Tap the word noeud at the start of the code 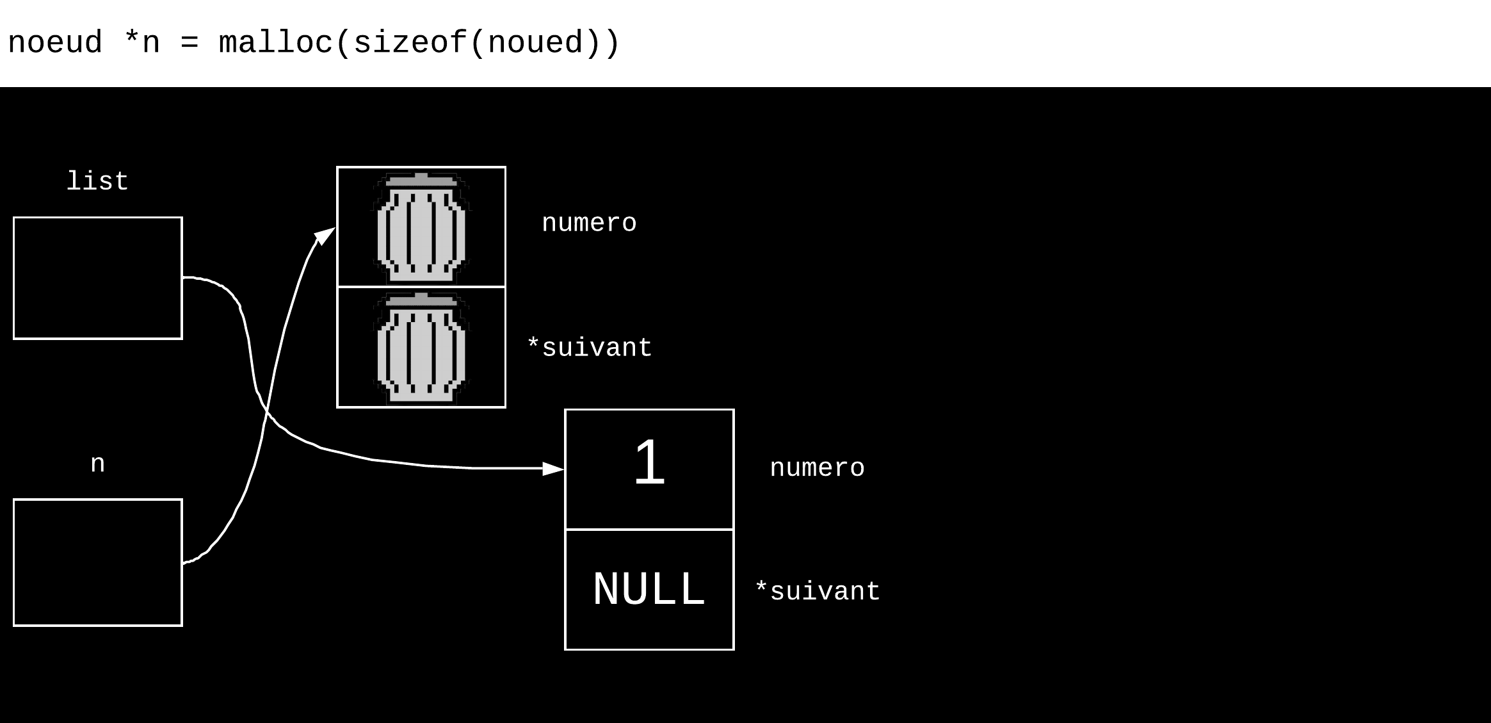pos(55,43)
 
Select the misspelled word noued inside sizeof pos(535,43)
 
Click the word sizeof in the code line pos(410,43)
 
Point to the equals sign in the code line pos(189,44)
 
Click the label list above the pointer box pos(97,182)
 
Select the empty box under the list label pos(98,278)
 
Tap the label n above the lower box pos(97,464)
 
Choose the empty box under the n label pos(98,562)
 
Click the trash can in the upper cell pos(421,227)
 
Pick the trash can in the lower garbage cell pos(421,348)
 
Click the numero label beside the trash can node pos(589,223)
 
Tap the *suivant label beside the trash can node pos(589,348)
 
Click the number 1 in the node pos(649,462)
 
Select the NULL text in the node pos(649,589)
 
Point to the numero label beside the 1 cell pos(817,468)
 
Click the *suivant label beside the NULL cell pos(818,592)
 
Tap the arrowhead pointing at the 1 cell pos(553,469)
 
